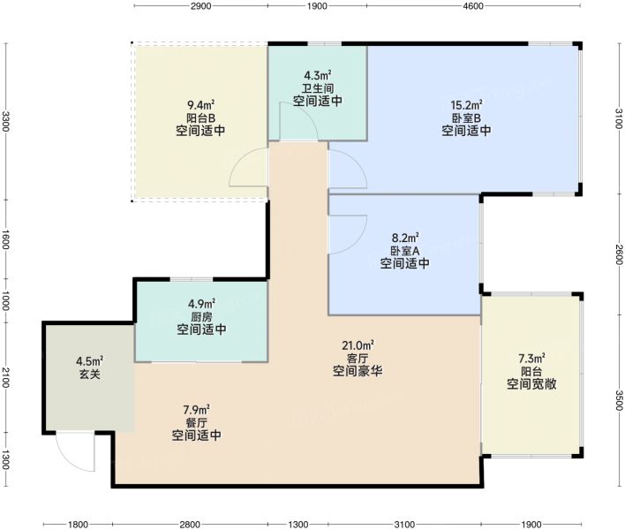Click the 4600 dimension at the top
tap(473, 6)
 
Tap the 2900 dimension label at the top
tap(201, 6)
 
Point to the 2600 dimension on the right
tap(618, 254)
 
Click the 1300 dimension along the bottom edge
tap(298, 524)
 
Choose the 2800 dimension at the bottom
tap(190, 524)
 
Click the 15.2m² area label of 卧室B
tap(466, 105)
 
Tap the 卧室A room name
tap(404, 251)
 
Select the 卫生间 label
tap(318, 88)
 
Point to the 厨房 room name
tap(201, 317)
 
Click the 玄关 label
tap(90, 374)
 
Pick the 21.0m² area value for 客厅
tap(358, 344)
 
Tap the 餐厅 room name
tap(197, 422)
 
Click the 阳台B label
tap(201, 118)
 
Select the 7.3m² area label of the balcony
tap(531, 358)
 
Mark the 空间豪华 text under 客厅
tap(358, 371)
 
